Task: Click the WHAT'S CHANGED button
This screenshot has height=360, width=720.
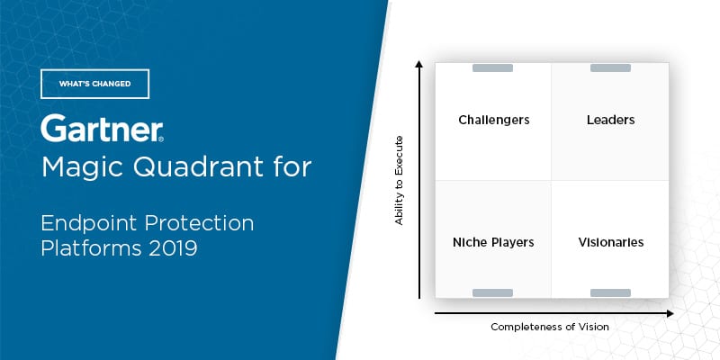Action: coord(95,84)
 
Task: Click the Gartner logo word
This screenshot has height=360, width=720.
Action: coord(102,128)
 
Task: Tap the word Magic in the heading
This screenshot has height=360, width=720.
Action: coord(82,167)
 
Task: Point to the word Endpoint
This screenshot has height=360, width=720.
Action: coord(89,223)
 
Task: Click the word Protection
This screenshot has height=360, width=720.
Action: coord(200,222)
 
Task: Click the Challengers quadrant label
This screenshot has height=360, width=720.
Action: coord(493,120)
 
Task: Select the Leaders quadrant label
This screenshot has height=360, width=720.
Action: coord(611,120)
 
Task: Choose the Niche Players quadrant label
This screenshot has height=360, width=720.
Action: coord(493,242)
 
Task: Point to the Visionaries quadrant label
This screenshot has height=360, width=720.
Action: coord(611,242)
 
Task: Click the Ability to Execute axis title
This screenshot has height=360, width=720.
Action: coord(399,181)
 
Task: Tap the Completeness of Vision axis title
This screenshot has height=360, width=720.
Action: coord(550,327)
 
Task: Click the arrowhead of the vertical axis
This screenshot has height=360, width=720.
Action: coord(418,63)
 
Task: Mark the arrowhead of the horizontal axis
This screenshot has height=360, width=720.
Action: coord(670,313)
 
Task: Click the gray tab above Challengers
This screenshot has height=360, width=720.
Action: coord(492,68)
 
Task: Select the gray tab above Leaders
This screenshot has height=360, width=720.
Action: coord(610,68)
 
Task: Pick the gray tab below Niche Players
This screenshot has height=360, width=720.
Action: coord(492,293)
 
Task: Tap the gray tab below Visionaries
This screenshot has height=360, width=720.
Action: coord(610,293)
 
